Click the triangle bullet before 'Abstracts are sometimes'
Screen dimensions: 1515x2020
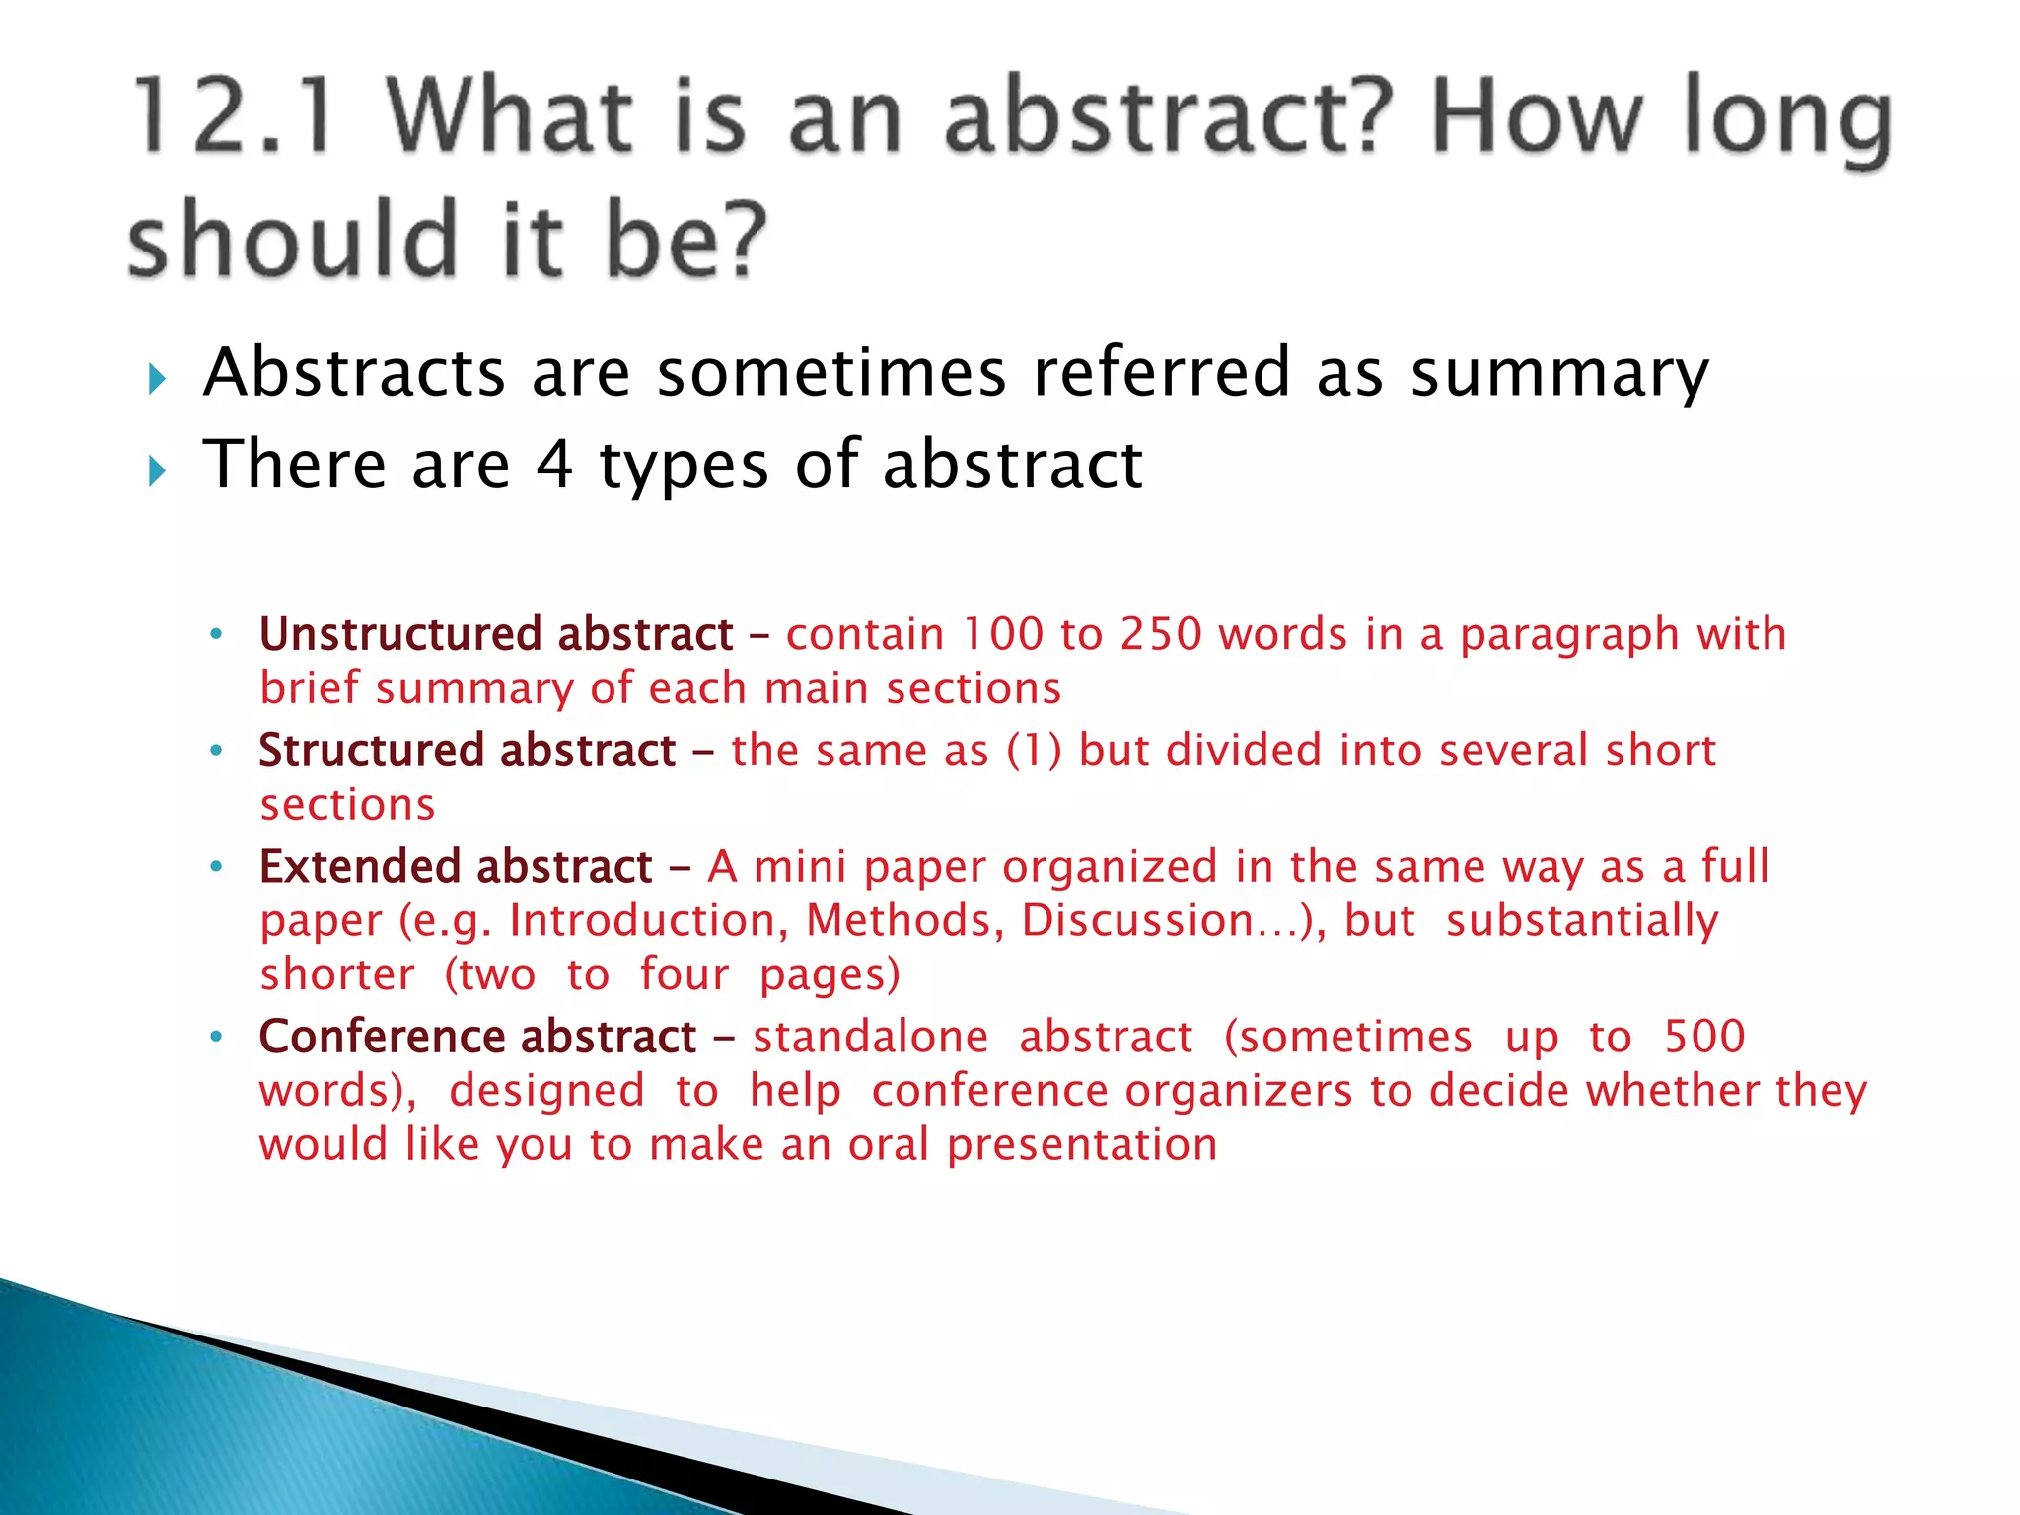pos(157,379)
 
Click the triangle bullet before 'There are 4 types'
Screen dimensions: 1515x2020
pos(157,470)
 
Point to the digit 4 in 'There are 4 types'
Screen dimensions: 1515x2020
pos(554,465)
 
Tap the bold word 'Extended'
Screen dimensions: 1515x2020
pos(360,867)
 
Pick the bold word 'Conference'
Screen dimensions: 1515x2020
pos(382,1037)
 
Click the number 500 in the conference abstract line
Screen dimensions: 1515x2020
pos(1704,1037)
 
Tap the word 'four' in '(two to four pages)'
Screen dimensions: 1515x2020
pos(684,974)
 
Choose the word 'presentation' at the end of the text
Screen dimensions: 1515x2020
pos(1082,1145)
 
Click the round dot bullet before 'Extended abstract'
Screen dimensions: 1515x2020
pos(217,867)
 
